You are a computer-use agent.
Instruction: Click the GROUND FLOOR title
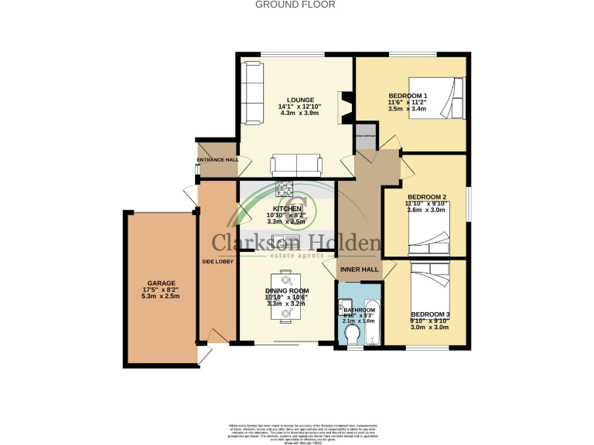pyautogui.click(x=295, y=5)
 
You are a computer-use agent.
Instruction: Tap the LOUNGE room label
pyautogui.click(x=299, y=99)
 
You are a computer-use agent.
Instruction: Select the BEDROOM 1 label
pyautogui.click(x=408, y=95)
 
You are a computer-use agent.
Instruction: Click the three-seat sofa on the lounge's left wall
pyautogui.click(x=251, y=92)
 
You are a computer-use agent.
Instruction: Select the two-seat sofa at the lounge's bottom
pyautogui.click(x=296, y=164)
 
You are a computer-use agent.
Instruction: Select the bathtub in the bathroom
pyautogui.click(x=371, y=319)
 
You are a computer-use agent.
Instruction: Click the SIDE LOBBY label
pyautogui.click(x=217, y=262)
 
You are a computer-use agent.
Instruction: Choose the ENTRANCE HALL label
pyautogui.click(x=217, y=160)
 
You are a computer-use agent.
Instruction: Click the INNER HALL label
pyautogui.click(x=360, y=270)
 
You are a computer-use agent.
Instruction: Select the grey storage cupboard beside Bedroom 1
pyautogui.click(x=365, y=136)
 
